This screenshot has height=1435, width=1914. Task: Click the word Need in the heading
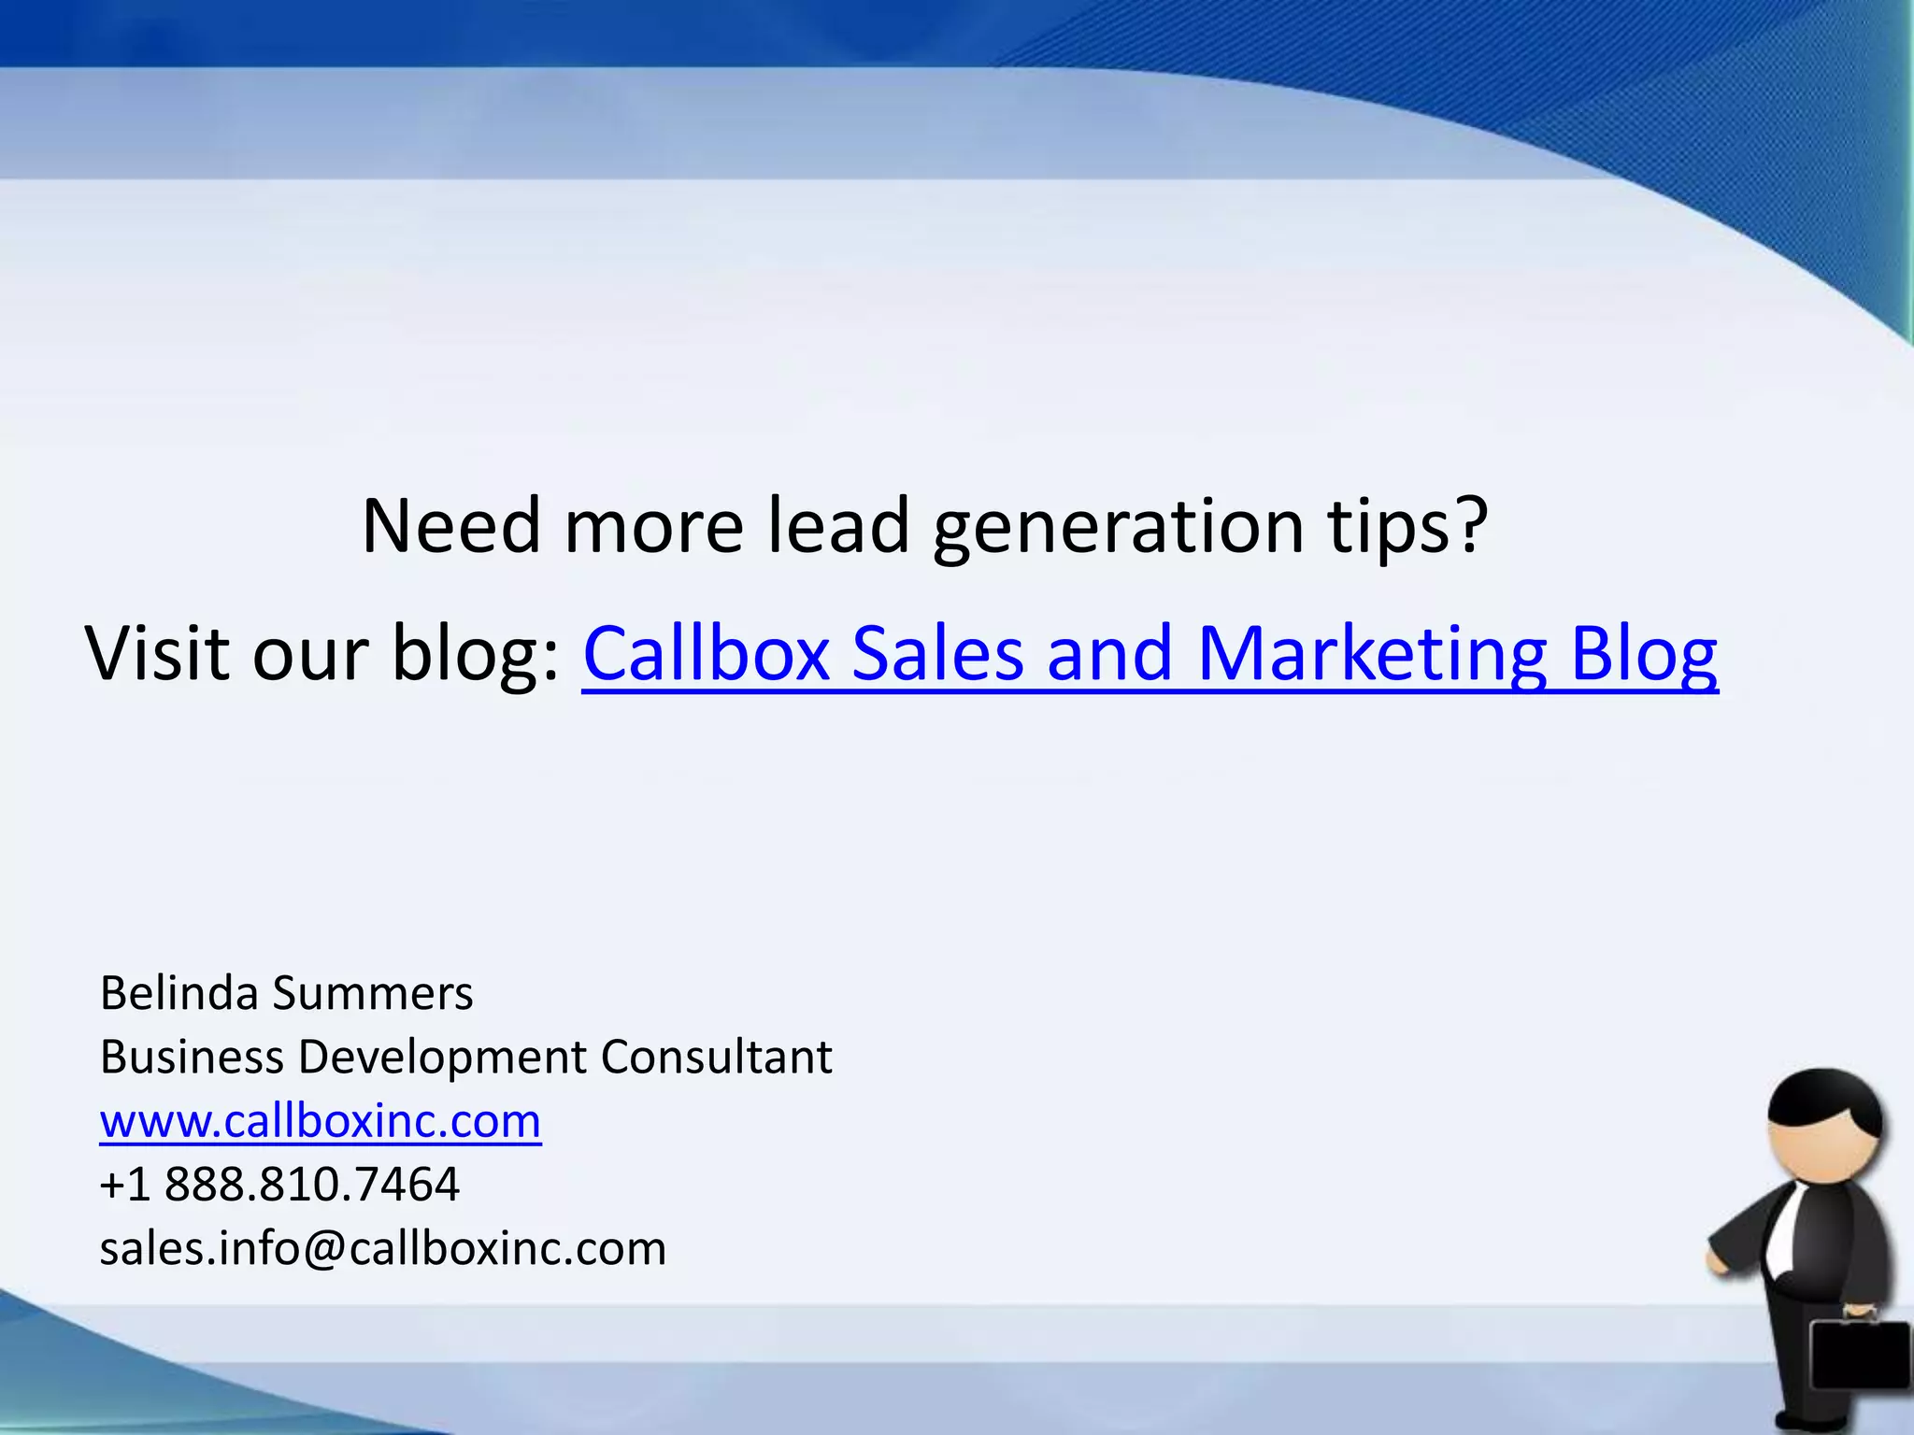pos(451,525)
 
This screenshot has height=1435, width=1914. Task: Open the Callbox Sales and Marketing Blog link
pos(1150,654)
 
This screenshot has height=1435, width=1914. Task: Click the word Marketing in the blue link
pos(1371,654)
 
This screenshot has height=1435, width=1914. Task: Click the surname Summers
pos(373,993)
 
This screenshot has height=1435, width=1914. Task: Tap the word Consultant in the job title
pos(716,1057)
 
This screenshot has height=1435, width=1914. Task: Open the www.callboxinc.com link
pos(321,1120)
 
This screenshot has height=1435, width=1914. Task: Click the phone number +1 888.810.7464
pos(279,1185)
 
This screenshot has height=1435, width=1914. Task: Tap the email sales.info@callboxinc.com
pos(383,1248)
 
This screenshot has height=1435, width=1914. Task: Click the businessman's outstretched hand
pos(1720,1260)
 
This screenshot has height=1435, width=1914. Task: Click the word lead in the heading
pos(838,525)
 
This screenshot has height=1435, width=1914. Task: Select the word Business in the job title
pos(192,1057)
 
